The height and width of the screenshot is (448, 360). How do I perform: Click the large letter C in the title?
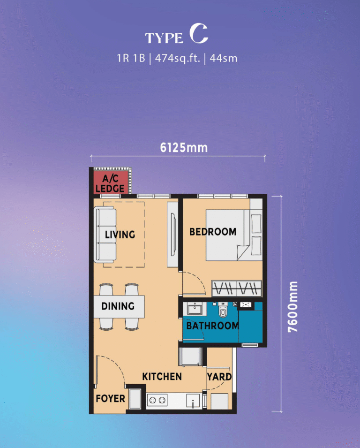click(x=199, y=34)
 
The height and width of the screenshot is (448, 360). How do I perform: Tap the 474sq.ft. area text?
click(x=177, y=58)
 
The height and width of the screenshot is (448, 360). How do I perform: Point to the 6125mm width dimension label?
click(x=184, y=148)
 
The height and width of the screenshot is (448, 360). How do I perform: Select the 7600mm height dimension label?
click(x=293, y=307)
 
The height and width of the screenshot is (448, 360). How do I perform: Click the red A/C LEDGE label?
click(x=110, y=183)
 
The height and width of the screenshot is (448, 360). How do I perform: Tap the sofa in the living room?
click(x=105, y=235)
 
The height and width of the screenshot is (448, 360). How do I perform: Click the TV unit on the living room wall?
click(x=172, y=235)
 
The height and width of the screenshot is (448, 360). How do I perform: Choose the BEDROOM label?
click(x=213, y=232)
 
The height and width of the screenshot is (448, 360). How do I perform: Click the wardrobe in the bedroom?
click(x=237, y=288)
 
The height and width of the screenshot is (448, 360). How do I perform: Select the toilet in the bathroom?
click(x=223, y=310)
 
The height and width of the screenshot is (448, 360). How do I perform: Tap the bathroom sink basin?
click(x=195, y=309)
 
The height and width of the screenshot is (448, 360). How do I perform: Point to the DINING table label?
click(x=118, y=306)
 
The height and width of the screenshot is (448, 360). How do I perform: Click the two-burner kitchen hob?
click(x=157, y=400)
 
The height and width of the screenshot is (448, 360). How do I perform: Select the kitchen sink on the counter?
click(x=193, y=401)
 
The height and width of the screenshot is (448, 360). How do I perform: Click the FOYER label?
click(x=111, y=399)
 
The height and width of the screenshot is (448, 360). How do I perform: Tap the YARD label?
click(x=219, y=377)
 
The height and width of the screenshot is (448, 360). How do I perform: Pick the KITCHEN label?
click(x=162, y=377)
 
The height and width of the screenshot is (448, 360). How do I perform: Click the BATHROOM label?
click(x=213, y=326)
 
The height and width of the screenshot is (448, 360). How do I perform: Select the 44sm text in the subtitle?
click(x=224, y=58)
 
